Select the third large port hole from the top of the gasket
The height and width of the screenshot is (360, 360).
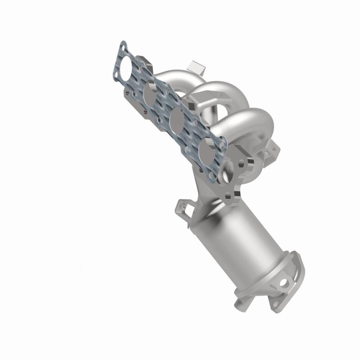tap(176, 119)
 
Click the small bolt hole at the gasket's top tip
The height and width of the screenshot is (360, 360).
tap(123, 46)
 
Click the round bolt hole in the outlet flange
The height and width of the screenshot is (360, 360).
tap(283, 283)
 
